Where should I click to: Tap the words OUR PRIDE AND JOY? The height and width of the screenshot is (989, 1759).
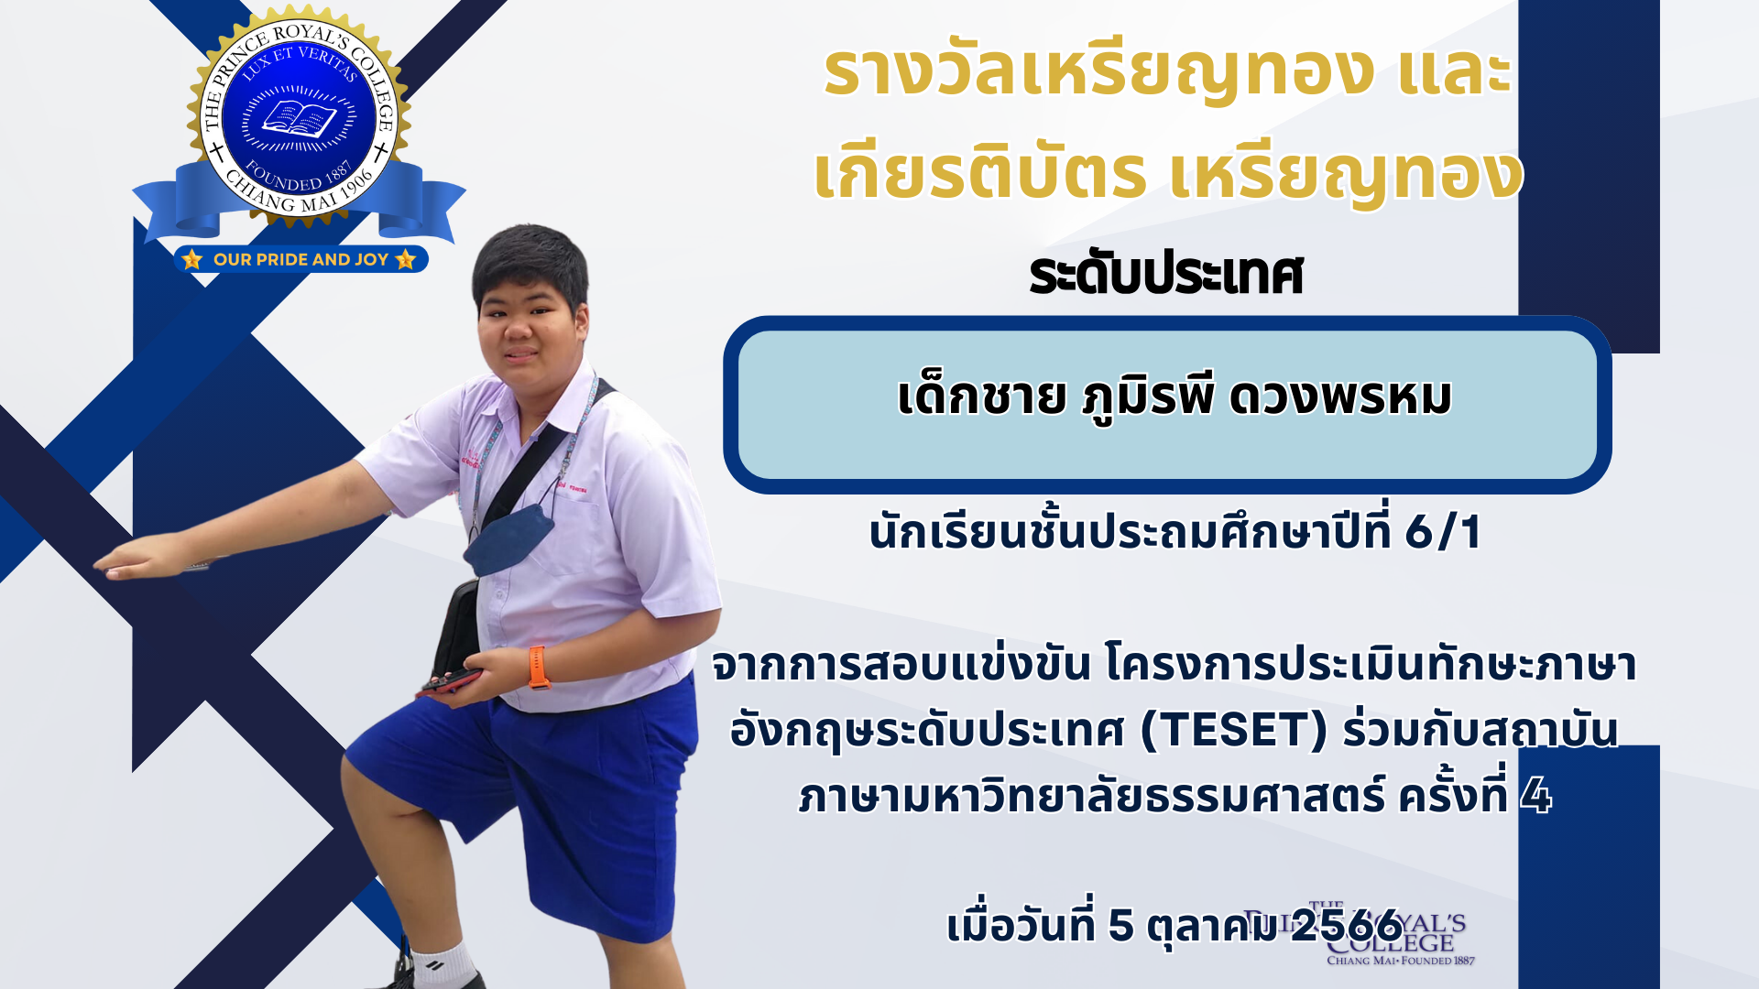point(300,260)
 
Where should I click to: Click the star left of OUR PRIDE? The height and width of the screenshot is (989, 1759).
point(192,260)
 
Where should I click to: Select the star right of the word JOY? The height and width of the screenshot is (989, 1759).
point(406,260)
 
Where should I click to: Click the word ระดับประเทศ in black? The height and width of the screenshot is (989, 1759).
point(1165,275)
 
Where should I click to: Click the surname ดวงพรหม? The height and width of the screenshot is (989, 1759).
point(1339,397)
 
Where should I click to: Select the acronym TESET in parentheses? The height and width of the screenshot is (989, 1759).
point(1234,731)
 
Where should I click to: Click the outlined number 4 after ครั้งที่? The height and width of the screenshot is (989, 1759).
point(1535,797)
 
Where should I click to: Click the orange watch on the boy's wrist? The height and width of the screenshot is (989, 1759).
point(539,667)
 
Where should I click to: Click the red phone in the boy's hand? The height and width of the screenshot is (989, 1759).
point(451,682)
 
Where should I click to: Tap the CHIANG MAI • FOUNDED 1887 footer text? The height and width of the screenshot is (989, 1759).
point(1400,961)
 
